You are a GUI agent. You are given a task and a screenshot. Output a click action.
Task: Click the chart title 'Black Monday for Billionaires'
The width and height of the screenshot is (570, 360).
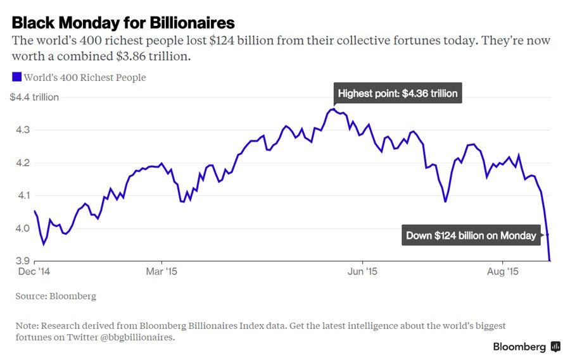pyautogui.click(x=123, y=23)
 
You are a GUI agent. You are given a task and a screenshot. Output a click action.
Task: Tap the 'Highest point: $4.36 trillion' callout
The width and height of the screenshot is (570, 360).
pyautogui.click(x=397, y=94)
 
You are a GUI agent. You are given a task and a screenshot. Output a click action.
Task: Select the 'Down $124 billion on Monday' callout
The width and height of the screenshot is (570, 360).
pyautogui.click(x=471, y=235)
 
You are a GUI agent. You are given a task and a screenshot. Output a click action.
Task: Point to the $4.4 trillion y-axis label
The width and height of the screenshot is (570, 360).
pyautogui.click(x=34, y=97)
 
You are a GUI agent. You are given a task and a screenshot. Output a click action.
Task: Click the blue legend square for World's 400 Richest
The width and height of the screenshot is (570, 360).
pyautogui.click(x=17, y=77)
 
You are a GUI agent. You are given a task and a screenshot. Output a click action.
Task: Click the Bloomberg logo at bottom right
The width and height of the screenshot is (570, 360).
pyautogui.click(x=526, y=347)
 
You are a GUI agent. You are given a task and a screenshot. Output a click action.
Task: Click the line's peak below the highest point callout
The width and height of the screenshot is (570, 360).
pyautogui.click(x=334, y=109)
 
